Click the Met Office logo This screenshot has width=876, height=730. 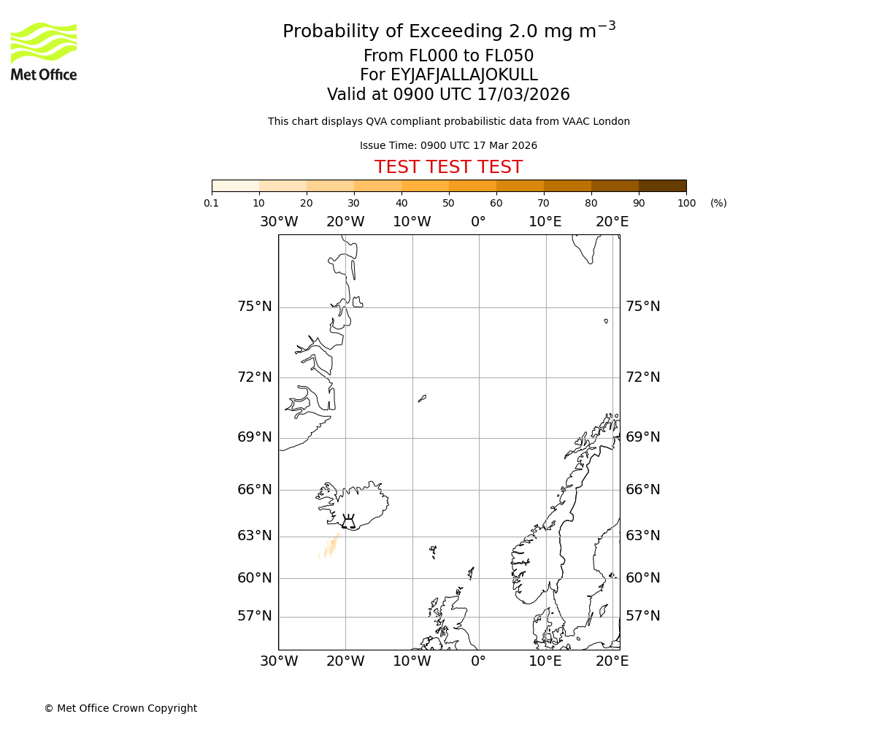[x=44, y=51]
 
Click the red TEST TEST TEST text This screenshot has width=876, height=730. [x=448, y=167]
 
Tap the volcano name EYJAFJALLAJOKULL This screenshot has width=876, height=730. [x=448, y=75]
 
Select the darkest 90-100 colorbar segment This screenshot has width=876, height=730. [x=662, y=185]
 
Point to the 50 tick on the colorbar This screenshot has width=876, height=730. [x=448, y=203]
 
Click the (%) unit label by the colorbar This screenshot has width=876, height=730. [x=718, y=203]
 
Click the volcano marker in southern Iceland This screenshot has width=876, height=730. [x=349, y=521]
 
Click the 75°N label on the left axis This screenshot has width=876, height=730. [x=254, y=307]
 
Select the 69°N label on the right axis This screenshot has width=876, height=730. [x=642, y=437]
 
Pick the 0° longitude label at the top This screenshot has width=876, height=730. [x=478, y=222]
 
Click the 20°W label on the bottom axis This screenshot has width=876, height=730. [x=345, y=661]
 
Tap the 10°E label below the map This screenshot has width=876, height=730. [x=545, y=661]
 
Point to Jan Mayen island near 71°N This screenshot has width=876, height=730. [x=422, y=399]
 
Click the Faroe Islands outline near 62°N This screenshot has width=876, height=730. [x=433, y=551]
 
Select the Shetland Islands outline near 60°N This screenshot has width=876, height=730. [x=471, y=573]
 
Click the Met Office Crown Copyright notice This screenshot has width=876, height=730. [x=120, y=708]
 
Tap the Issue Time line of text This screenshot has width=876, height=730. [x=448, y=145]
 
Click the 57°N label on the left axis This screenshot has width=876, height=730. [x=254, y=616]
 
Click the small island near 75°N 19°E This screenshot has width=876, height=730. [x=606, y=320]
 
